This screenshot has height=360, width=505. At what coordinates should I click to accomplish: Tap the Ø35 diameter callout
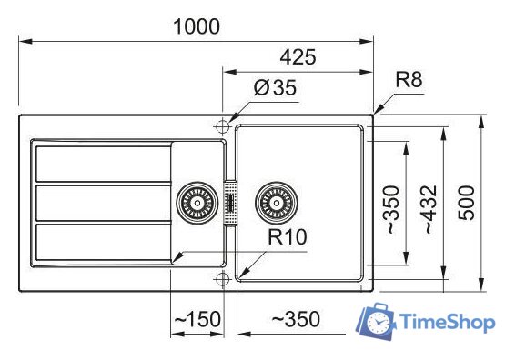click(275, 89)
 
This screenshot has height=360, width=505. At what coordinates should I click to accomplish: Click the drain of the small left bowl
click(193, 202)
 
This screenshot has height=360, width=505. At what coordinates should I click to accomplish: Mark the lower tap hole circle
click(221, 276)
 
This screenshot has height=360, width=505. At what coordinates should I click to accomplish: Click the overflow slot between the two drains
click(232, 202)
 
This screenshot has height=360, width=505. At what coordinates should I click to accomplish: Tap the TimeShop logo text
click(447, 323)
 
